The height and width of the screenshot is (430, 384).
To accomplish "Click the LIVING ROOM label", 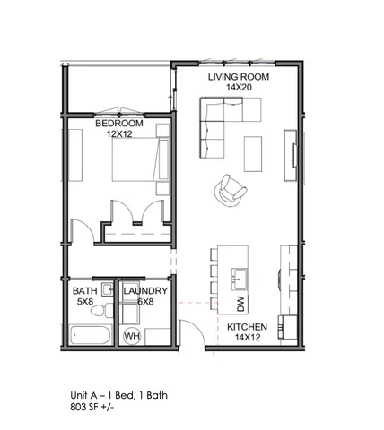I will click(239, 78).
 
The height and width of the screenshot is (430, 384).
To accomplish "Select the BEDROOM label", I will click(119, 123).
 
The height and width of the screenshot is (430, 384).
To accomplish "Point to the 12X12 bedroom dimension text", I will click(119, 133).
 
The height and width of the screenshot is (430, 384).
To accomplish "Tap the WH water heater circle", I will click(131, 336).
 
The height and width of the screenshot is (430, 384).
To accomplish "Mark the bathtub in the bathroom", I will click(89, 337).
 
